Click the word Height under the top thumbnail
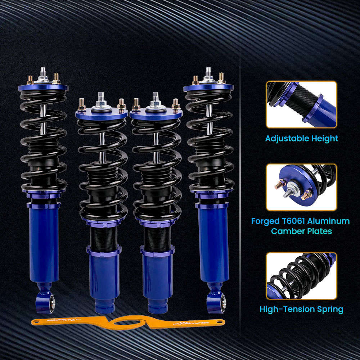324,139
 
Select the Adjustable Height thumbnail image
301,104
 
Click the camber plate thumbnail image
301,187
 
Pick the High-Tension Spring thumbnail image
301,276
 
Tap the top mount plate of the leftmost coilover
42,87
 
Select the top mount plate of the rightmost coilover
209,87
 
